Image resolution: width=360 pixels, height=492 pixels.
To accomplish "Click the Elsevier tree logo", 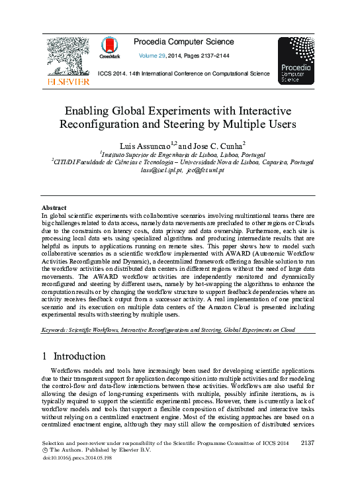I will pyautogui.click(x=67, y=56).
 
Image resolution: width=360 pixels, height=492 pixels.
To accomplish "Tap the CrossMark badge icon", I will pyautogui.click(x=110, y=47).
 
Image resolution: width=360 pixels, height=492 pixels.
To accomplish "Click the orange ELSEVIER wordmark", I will pyautogui.click(x=67, y=81).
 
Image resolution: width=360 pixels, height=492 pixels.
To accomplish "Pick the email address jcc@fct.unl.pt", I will pyautogui.click(x=205, y=170).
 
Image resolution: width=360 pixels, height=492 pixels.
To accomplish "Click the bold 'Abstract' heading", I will pyautogui.click(x=54, y=207).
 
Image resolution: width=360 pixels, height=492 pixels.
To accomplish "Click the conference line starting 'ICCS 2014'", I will pyautogui.click(x=183, y=74).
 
